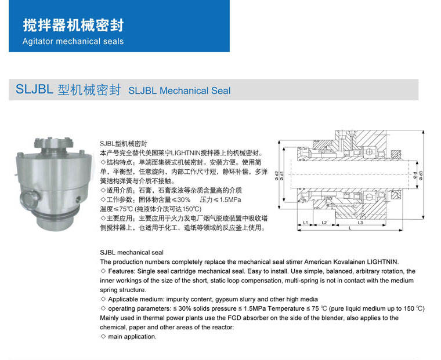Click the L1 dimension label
coord(305,222)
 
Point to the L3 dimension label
coord(360,222)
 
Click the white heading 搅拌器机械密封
coord(73,26)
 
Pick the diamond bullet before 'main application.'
coord(103,336)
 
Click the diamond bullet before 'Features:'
coord(103,271)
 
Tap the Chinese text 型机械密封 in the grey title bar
coord(89,90)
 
